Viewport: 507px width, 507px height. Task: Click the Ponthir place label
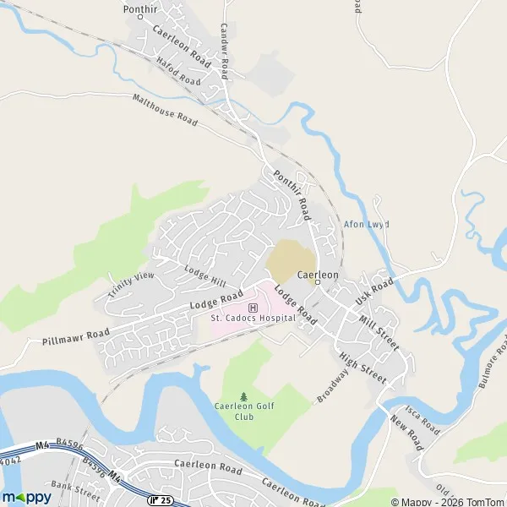[140, 9]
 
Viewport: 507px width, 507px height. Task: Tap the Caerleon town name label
[319, 275]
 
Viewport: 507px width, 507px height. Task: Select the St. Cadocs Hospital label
[253, 318]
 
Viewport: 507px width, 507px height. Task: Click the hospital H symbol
[253, 306]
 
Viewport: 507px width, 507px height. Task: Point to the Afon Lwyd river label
[366, 225]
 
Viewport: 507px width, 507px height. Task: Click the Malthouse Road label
[165, 111]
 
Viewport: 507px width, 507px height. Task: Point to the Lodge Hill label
[206, 275]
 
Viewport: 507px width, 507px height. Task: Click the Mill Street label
[378, 331]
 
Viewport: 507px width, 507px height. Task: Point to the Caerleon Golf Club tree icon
[244, 395]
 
